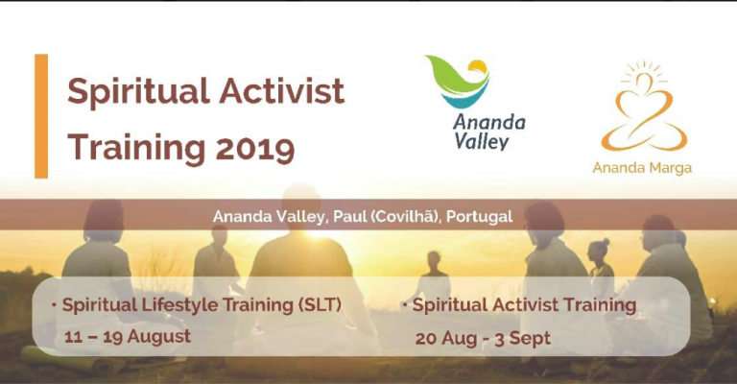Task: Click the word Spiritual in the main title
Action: pos(138,92)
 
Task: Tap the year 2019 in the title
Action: pos(254,149)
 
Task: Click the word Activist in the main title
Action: pos(282,90)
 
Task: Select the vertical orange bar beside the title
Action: pos(41,116)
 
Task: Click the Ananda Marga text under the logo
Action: pos(642,168)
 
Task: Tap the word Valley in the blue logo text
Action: pos(482,141)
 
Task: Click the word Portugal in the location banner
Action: pos(479,217)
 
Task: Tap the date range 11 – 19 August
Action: pos(128,337)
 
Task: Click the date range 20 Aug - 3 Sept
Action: pos(483,339)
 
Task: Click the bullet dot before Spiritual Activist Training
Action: pos(405,304)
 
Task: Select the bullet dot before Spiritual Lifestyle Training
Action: pos(55,304)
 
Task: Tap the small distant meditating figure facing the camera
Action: pos(434,277)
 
